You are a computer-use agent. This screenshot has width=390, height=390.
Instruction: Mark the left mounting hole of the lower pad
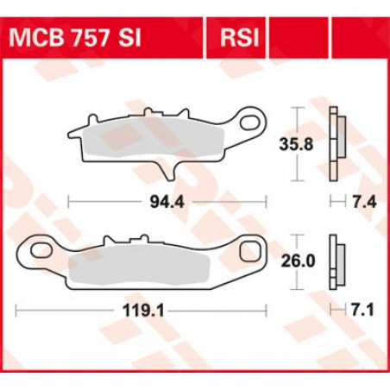[41, 251]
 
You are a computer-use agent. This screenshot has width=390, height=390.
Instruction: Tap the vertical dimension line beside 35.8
[298, 121]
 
